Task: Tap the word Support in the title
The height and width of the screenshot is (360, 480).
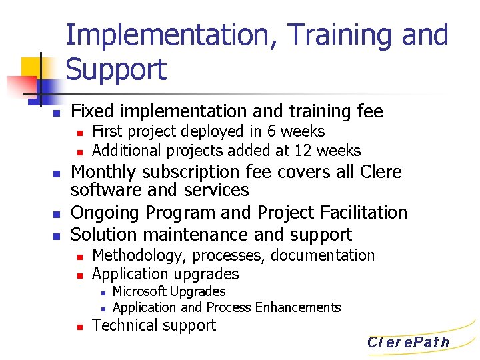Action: pos(117,69)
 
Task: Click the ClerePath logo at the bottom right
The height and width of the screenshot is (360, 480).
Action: pos(408,343)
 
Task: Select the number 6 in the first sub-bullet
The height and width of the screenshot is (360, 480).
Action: pos(273,131)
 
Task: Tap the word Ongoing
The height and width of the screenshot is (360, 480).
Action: pos(104,213)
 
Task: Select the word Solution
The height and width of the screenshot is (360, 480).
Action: pos(103,235)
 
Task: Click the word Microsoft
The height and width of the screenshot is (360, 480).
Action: pos(139,291)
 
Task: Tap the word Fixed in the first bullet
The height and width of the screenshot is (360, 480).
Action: pos(92,111)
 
